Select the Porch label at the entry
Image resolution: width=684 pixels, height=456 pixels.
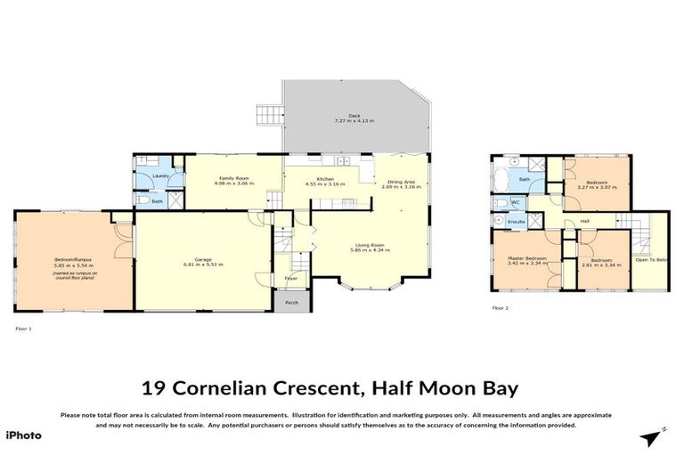point(291,303)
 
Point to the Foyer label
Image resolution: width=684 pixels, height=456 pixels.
point(291,279)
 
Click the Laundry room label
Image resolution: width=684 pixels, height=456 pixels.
point(160,176)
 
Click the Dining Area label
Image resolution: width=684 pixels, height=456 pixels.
point(399,182)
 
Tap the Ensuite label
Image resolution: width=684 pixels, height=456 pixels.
point(516,220)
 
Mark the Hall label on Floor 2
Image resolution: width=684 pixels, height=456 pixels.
point(585,221)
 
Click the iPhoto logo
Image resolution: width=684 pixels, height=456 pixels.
point(22,436)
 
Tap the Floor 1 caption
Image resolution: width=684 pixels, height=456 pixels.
point(24,329)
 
